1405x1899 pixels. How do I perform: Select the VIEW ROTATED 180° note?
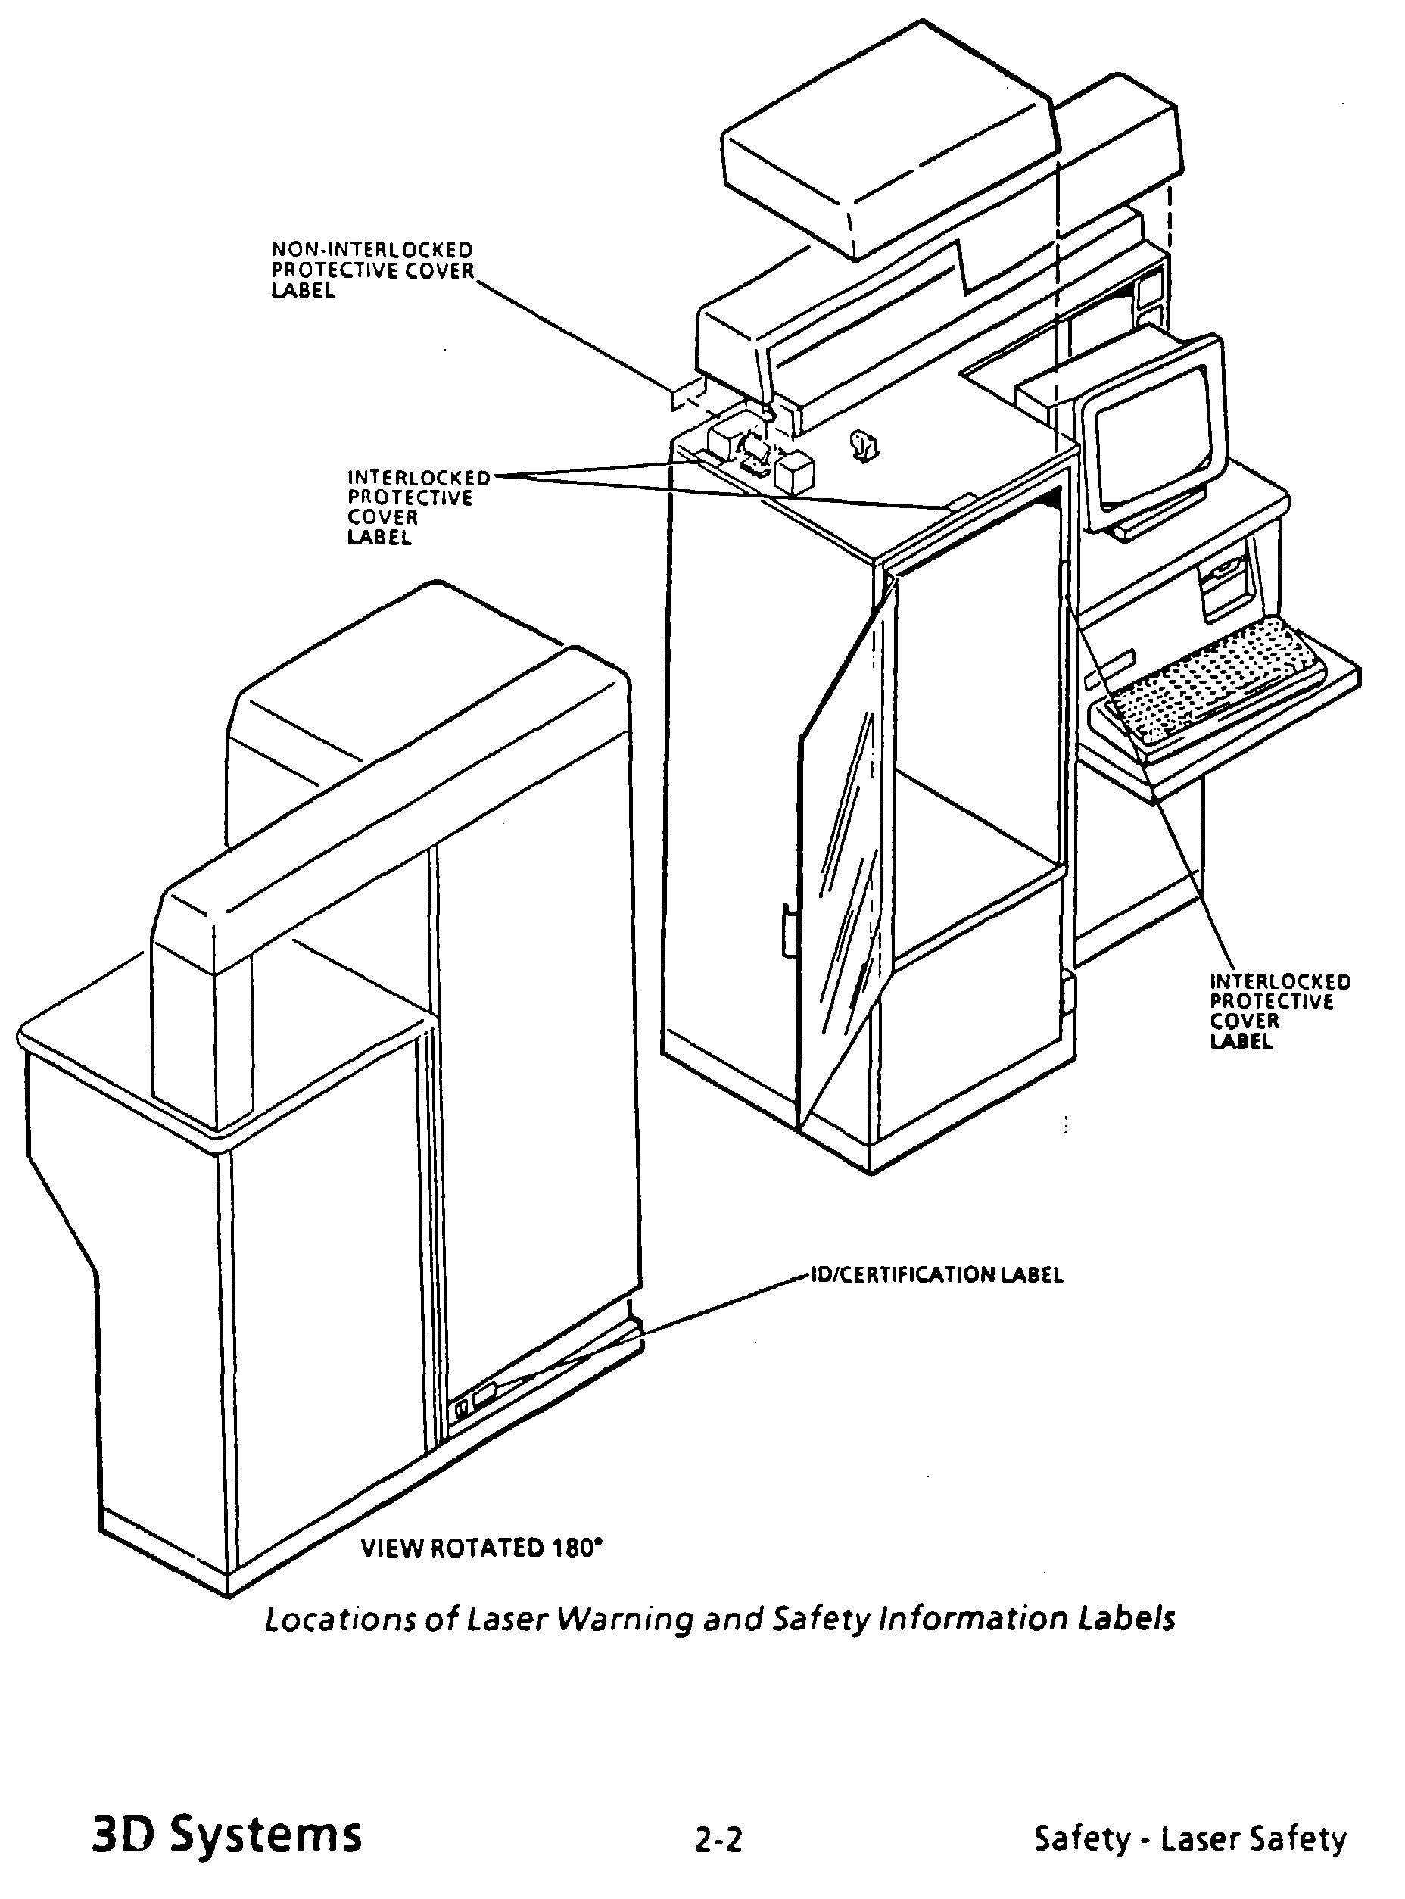[481, 1547]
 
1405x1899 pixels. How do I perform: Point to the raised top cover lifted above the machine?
[889, 136]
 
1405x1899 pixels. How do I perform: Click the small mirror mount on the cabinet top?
[864, 446]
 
